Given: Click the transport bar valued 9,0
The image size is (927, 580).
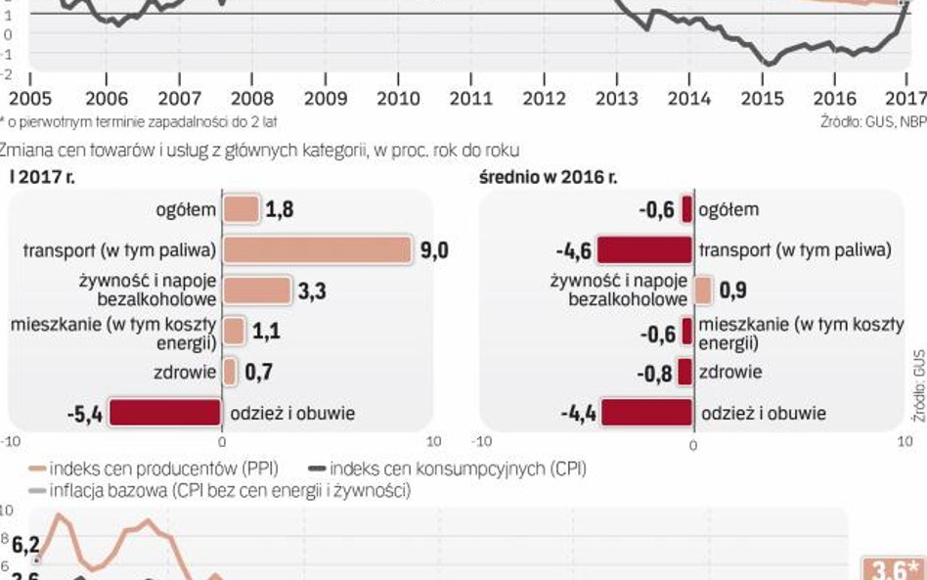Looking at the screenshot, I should pos(317,250).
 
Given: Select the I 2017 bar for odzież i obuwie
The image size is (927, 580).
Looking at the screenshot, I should pos(164,413).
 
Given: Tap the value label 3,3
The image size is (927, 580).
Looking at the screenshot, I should pos(312,290).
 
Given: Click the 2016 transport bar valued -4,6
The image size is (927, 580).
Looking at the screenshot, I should pos(644,250).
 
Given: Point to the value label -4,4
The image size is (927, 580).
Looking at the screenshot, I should pos(577,413).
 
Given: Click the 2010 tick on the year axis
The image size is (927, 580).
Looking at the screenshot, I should pos(399,99).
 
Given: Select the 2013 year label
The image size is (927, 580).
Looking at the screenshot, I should pos(618,99).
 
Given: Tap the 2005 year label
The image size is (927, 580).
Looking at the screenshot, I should pos(29,99).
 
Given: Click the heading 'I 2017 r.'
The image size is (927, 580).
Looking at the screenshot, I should pos(42,178).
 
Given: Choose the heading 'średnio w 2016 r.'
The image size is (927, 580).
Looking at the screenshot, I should pos(548,178).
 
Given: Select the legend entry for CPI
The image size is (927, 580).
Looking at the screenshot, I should pos(458,468).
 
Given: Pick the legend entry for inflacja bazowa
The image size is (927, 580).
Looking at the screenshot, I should pos(219,490).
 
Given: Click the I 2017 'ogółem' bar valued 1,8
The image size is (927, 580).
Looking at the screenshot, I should pos(242,209).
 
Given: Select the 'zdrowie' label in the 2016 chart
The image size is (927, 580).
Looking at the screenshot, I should pos(729,372).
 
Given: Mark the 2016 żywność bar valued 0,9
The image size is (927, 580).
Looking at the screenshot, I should pos(703,290).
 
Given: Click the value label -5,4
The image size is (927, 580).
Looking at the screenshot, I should pos(85,413).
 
